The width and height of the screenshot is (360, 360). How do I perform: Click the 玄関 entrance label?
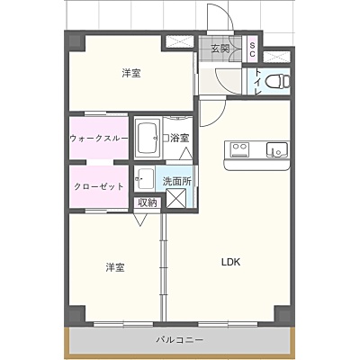tap(220, 49)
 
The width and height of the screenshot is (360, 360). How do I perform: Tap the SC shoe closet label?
tap(252, 49)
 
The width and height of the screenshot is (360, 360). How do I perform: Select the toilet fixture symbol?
tap(278, 81)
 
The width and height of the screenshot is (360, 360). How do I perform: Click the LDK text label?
tap(230, 262)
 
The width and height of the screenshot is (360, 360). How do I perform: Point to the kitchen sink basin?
tap(277, 149)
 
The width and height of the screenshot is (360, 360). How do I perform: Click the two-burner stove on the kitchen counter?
tap(239, 149)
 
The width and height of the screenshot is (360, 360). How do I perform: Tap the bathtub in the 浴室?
tap(148, 138)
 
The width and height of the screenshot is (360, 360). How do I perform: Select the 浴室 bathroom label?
tap(180, 138)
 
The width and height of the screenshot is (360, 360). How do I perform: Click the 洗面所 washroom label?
tap(177, 181)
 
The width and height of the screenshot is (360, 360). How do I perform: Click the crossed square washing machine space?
tap(176, 198)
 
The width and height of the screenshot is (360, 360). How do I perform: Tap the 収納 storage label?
tap(148, 203)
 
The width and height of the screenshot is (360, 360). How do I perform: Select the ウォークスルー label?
tap(99, 139)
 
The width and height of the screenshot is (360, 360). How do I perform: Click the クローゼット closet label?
tap(99, 186)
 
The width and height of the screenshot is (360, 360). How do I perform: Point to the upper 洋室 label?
tap(131, 73)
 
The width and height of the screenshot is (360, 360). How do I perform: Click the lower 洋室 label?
tap(115, 267)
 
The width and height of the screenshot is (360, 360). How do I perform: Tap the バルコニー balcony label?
tap(180, 340)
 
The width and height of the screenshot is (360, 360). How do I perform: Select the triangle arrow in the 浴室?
tap(186, 154)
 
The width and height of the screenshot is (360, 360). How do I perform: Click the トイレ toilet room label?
tap(258, 82)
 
